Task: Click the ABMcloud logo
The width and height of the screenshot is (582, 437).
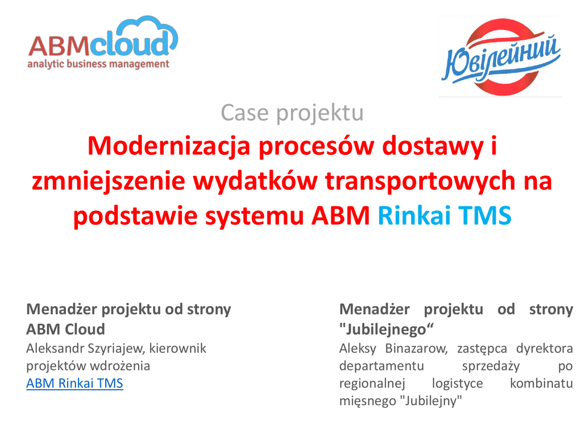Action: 103,43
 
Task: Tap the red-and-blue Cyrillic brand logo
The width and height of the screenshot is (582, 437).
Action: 501,56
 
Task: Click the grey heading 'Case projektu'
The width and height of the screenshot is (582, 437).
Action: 292,113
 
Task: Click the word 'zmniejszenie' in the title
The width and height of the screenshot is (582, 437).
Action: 109,182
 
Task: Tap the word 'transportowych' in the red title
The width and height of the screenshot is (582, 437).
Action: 420,182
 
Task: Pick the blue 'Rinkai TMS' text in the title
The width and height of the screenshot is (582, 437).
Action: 444,216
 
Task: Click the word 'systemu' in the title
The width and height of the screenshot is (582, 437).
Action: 255,216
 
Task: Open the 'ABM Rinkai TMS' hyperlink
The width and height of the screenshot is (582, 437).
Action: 74,383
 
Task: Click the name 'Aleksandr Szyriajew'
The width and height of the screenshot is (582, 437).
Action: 85,349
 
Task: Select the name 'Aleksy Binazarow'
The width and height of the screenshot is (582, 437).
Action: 393,349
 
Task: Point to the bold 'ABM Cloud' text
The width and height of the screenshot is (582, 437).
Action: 66,329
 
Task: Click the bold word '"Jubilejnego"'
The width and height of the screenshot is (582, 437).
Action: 386,329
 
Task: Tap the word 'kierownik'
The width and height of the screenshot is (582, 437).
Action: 178,348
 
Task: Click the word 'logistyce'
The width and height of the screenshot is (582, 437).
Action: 458,384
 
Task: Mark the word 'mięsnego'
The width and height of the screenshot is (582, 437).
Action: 368,401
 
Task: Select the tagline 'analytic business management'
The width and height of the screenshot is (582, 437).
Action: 98,64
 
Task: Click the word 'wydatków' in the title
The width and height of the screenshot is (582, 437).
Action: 255,182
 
